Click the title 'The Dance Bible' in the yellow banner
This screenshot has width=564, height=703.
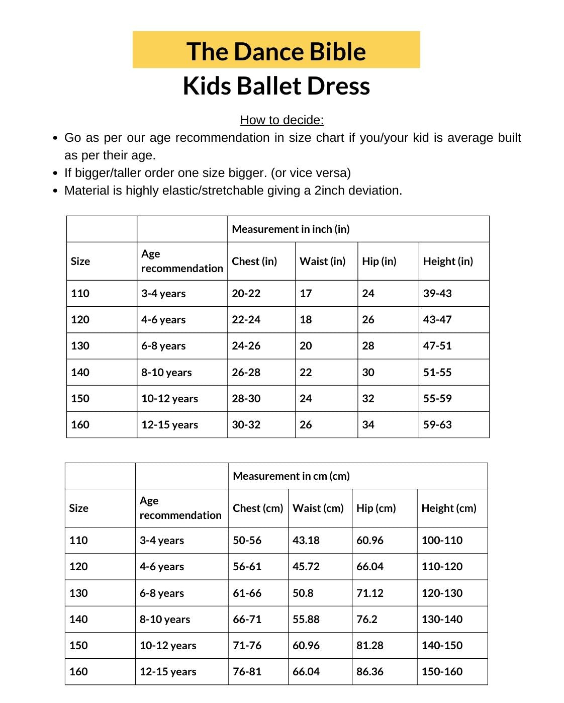coord(276,51)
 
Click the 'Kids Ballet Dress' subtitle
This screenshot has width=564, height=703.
coord(276,85)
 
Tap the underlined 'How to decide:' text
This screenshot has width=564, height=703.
coord(281,120)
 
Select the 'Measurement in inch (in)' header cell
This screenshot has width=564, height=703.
coord(291,229)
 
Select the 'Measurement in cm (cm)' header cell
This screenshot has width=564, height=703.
coord(291,476)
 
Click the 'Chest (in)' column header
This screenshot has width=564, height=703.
coord(254,261)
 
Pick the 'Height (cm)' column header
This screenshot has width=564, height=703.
coord(449,508)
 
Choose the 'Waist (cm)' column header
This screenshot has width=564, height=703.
coord(318,508)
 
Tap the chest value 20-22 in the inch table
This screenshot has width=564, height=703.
coord(246,294)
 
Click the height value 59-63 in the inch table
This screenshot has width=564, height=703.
coord(437,425)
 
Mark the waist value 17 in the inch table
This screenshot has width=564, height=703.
coord(306,294)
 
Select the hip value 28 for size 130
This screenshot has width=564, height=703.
coord(368,346)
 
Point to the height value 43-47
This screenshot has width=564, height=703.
coord(437,320)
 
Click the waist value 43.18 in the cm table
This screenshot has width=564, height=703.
coord(306,541)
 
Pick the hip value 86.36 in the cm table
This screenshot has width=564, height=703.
coord(370,672)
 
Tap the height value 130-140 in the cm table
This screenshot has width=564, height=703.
coord(442,620)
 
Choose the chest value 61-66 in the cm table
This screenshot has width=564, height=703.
coord(247,593)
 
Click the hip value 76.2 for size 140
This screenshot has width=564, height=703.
coord(367,620)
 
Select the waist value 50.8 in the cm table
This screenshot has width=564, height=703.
coord(303,593)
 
